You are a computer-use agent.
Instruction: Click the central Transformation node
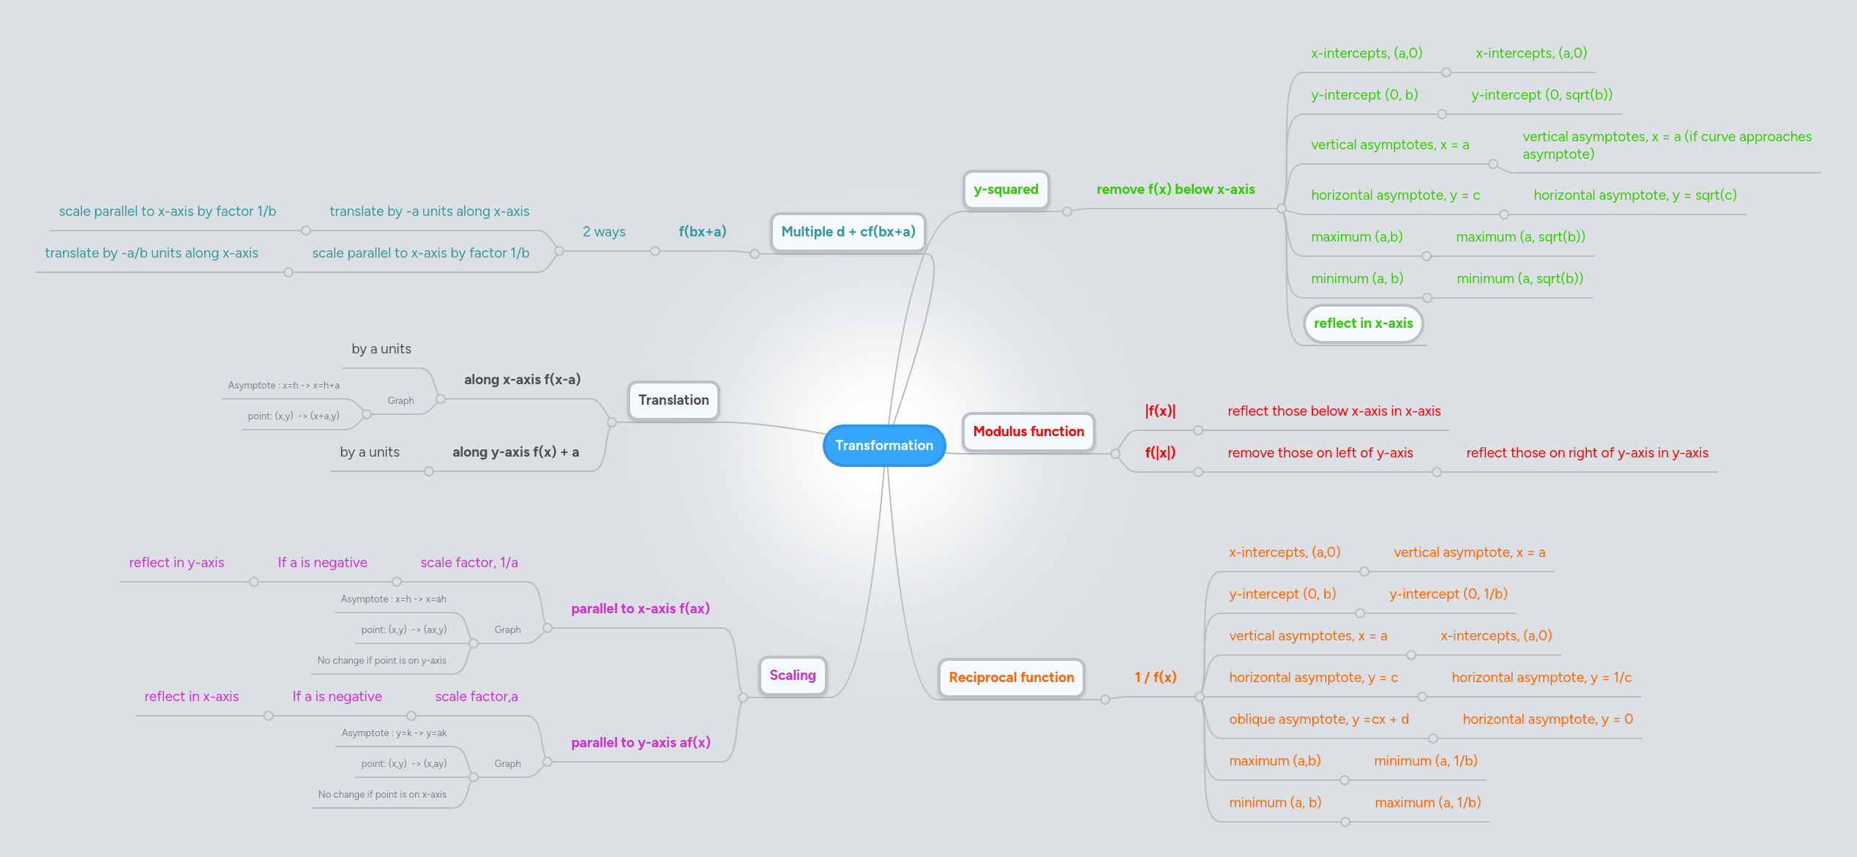coord(883,445)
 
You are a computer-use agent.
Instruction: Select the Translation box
coord(673,400)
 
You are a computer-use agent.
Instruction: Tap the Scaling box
coord(792,675)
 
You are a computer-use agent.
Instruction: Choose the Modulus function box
coord(1028,431)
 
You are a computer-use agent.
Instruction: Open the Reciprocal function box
coord(1011,677)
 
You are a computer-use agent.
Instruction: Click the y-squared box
coord(1006,190)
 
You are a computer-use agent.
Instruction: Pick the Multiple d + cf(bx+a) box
coord(848,232)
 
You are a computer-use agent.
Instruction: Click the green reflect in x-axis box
coord(1363,323)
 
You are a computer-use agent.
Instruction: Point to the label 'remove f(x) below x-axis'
coord(1175,190)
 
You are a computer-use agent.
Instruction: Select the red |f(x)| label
coord(1160,411)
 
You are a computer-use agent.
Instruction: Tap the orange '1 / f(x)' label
coord(1155,677)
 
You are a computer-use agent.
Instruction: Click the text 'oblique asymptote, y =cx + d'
coord(1318,719)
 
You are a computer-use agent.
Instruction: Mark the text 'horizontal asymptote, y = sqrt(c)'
coord(1634,195)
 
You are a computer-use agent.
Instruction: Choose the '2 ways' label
coord(604,232)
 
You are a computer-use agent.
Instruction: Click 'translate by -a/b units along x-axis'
coord(152,253)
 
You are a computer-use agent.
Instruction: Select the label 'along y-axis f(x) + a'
coord(515,452)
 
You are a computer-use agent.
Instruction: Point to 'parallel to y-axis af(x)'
coord(640,742)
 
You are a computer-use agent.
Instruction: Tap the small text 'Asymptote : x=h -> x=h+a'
coord(283,385)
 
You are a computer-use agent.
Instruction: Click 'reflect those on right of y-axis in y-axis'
coord(1587,452)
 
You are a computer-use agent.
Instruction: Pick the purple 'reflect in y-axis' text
coord(176,562)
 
